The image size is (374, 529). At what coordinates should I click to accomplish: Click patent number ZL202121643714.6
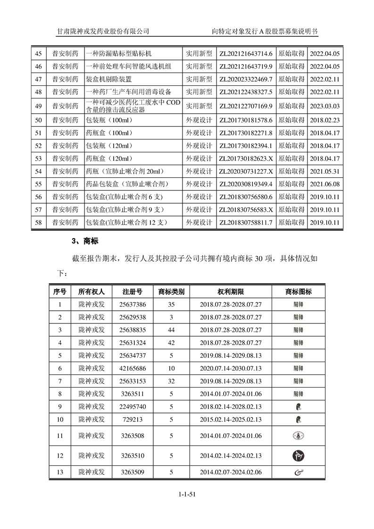[x=246, y=54]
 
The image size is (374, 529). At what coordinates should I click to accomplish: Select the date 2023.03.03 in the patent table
[x=324, y=106]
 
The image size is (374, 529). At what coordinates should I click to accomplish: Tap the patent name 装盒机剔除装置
[x=109, y=79]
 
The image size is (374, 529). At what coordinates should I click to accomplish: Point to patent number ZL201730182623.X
[x=246, y=158]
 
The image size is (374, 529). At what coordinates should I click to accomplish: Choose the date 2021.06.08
[x=324, y=184]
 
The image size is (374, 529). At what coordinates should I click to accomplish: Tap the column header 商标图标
[x=298, y=292]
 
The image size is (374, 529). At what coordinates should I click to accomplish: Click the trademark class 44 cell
[x=171, y=330]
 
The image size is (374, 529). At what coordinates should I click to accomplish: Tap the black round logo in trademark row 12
[x=298, y=455]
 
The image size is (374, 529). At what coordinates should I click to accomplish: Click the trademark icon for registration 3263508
[x=298, y=436]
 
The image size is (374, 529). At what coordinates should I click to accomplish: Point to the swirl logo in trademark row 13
[x=298, y=472]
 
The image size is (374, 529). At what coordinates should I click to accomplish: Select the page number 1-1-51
[x=187, y=494]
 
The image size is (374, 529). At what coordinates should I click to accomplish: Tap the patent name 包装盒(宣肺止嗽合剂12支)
[x=127, y=223]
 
